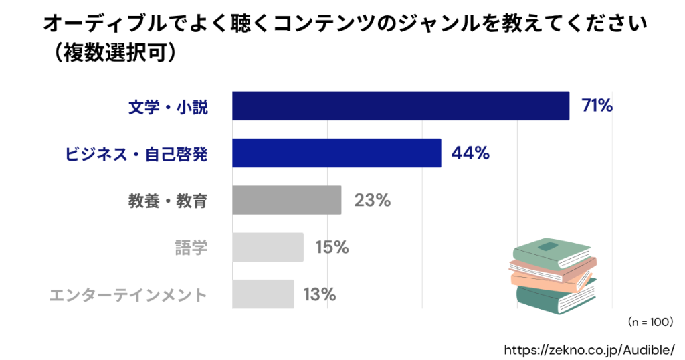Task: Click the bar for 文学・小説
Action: click(x=400, y=106)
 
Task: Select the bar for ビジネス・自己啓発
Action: click(x=336, y=153)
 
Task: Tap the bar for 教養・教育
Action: click(x=286, y=200)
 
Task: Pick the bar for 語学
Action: click(x=268, y=247)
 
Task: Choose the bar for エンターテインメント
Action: click(x=263, y=294)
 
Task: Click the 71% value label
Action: click(x=597, y=106)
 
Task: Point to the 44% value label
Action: click(x=470, y=153)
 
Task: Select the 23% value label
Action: click(x=372, y=200)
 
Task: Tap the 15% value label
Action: click(x=332, y=247)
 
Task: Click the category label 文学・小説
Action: click(x=168, y=106)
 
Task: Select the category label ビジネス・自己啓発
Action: click(x=136, y=153)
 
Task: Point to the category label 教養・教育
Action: click(x=168, y=201)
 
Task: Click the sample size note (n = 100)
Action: click(x=650, y=322)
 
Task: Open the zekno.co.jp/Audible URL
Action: click(x=589, y=348)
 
